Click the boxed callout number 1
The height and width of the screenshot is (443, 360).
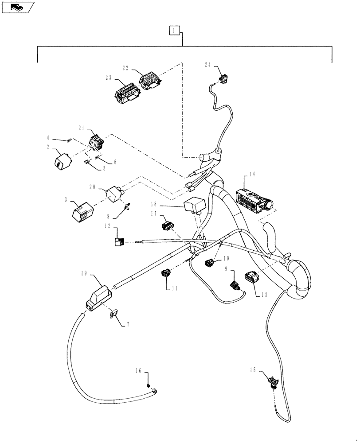point(175,30)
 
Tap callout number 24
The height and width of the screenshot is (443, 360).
point(208,64)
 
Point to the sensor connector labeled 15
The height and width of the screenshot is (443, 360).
point(271,381)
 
